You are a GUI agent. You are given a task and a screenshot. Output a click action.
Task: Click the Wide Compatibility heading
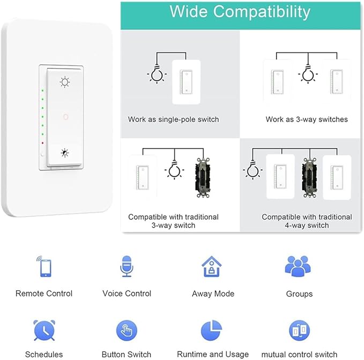pos(240,12)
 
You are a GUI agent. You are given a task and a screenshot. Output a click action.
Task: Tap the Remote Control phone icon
pos(44,266)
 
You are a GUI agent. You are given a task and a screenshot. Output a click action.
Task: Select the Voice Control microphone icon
pos(127,266)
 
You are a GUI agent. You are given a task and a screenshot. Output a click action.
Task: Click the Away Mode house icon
pos(212,266)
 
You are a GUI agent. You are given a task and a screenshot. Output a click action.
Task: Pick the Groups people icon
pos(298,266)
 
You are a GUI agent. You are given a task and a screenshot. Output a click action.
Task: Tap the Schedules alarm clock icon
pos(44,331)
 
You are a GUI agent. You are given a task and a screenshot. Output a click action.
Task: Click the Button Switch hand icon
pos(127,331)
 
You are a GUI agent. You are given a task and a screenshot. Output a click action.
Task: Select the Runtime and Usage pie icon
pos(212,331)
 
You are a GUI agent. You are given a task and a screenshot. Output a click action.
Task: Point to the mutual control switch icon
pos(299,331)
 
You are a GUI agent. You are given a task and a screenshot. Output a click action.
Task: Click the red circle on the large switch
pos(65,116)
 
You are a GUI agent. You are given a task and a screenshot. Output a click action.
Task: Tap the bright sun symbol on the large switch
pos(65,82)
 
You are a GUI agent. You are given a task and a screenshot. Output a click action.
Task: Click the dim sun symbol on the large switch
pos(65,152)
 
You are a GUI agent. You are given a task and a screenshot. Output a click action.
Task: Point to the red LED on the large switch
pos(42,143)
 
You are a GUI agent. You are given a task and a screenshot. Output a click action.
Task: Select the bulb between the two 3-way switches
pos(307,74)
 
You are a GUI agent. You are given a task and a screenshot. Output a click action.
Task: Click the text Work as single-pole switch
pos(173,119)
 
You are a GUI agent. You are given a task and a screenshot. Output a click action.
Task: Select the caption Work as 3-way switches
pos(307,119)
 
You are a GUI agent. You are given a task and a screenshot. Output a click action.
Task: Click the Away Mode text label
pos(213,294)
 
